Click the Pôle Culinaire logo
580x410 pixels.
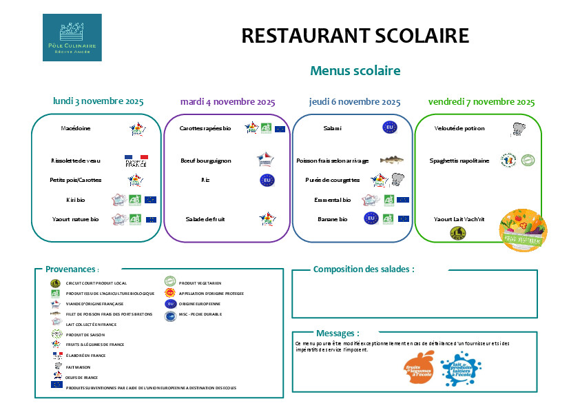[72, 37]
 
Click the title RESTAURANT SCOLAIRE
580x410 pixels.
[355, 36]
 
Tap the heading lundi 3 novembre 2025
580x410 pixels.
[99, 101]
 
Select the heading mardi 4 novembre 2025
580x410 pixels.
[227, 101]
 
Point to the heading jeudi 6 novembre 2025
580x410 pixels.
[355, 101]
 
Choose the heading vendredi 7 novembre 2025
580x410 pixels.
[481, 101]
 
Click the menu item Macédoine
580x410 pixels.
[76, 128]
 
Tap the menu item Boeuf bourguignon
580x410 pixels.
[206, 161]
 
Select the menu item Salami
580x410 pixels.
[332, 128]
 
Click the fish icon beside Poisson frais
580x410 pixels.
[391, 160]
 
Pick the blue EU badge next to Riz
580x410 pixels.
[267, 180]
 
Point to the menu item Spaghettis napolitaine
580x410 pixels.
[459, 161]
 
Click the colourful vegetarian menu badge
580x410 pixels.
[523, 229]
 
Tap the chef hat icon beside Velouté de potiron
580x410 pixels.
[518, 129]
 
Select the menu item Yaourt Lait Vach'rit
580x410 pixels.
[459, 219]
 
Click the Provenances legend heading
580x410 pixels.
[72, 269]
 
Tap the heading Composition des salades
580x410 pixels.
[364, 269]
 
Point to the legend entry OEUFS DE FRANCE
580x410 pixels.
[82, 378]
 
